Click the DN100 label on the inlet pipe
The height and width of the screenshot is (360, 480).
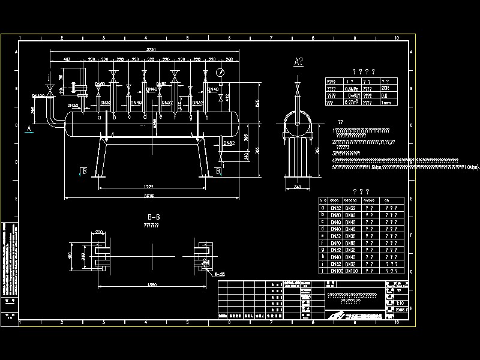point(38,95)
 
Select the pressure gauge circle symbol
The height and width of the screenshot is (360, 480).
point(220,72)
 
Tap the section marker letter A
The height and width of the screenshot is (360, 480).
point(28,128)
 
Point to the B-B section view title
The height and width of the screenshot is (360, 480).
point(153,218)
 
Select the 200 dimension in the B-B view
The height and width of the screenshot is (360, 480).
point(99,231)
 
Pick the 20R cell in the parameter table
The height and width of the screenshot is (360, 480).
point(386,88)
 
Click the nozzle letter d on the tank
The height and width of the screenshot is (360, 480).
point(145,116)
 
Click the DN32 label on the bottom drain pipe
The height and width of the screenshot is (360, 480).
point(229,143)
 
